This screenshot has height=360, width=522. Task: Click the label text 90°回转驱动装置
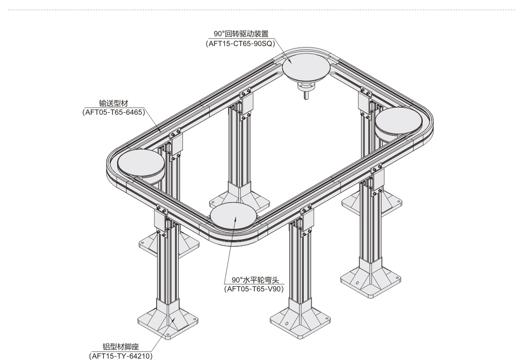[241, 34]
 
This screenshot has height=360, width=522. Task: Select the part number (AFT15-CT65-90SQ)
[241, 43]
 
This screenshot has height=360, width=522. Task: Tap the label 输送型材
[113, 103]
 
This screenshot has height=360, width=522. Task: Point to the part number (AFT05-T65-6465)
[114, 112]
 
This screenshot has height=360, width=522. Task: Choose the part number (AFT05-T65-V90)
[254, 289]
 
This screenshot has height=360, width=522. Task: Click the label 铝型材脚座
[120, 347]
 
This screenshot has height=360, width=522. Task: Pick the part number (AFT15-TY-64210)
[121, 356]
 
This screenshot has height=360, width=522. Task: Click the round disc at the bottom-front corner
[233, 216]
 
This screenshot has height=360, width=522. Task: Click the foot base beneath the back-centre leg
[239, 197]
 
